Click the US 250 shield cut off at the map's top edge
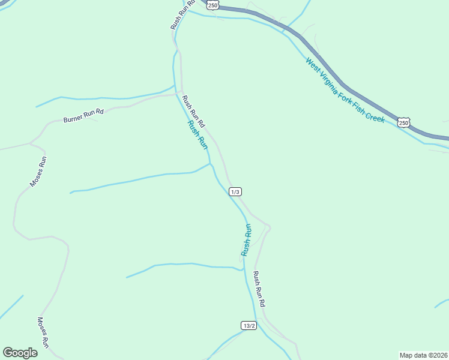[x=212, y=4]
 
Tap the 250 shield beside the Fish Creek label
[x=403, y=122]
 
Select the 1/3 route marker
[x=235, y=191]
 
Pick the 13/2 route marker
[x=249, y=325]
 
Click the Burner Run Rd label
[x=83, y=115]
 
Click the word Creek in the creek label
[x=374, y=117]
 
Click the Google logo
[x=20, y=353]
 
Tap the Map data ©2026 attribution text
[x=423, y=355]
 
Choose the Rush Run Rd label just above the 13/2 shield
[x=259, y=290]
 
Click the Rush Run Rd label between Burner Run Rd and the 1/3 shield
[x=194, y=111]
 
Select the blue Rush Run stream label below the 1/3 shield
[x=246, y=240]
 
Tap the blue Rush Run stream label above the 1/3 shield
[x=198, y=135]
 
